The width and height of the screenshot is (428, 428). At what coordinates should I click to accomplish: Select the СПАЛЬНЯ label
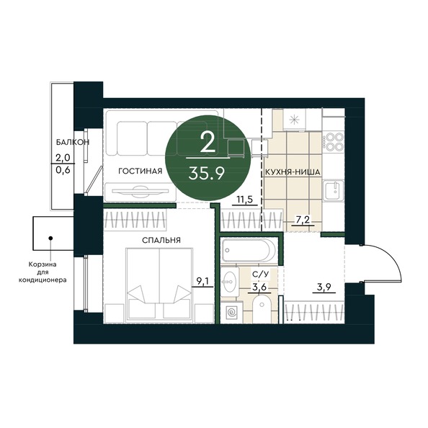161,240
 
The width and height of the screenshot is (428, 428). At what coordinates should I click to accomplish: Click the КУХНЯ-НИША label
292,172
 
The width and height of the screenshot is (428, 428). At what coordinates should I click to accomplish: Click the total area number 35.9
208,171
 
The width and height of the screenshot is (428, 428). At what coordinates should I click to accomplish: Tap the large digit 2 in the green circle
208,142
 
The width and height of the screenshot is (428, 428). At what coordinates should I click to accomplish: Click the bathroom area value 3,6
259,288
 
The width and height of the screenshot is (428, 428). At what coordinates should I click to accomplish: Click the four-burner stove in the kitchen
334,140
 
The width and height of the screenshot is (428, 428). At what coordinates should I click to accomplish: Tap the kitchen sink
333,191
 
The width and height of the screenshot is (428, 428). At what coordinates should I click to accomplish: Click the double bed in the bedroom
161,285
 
